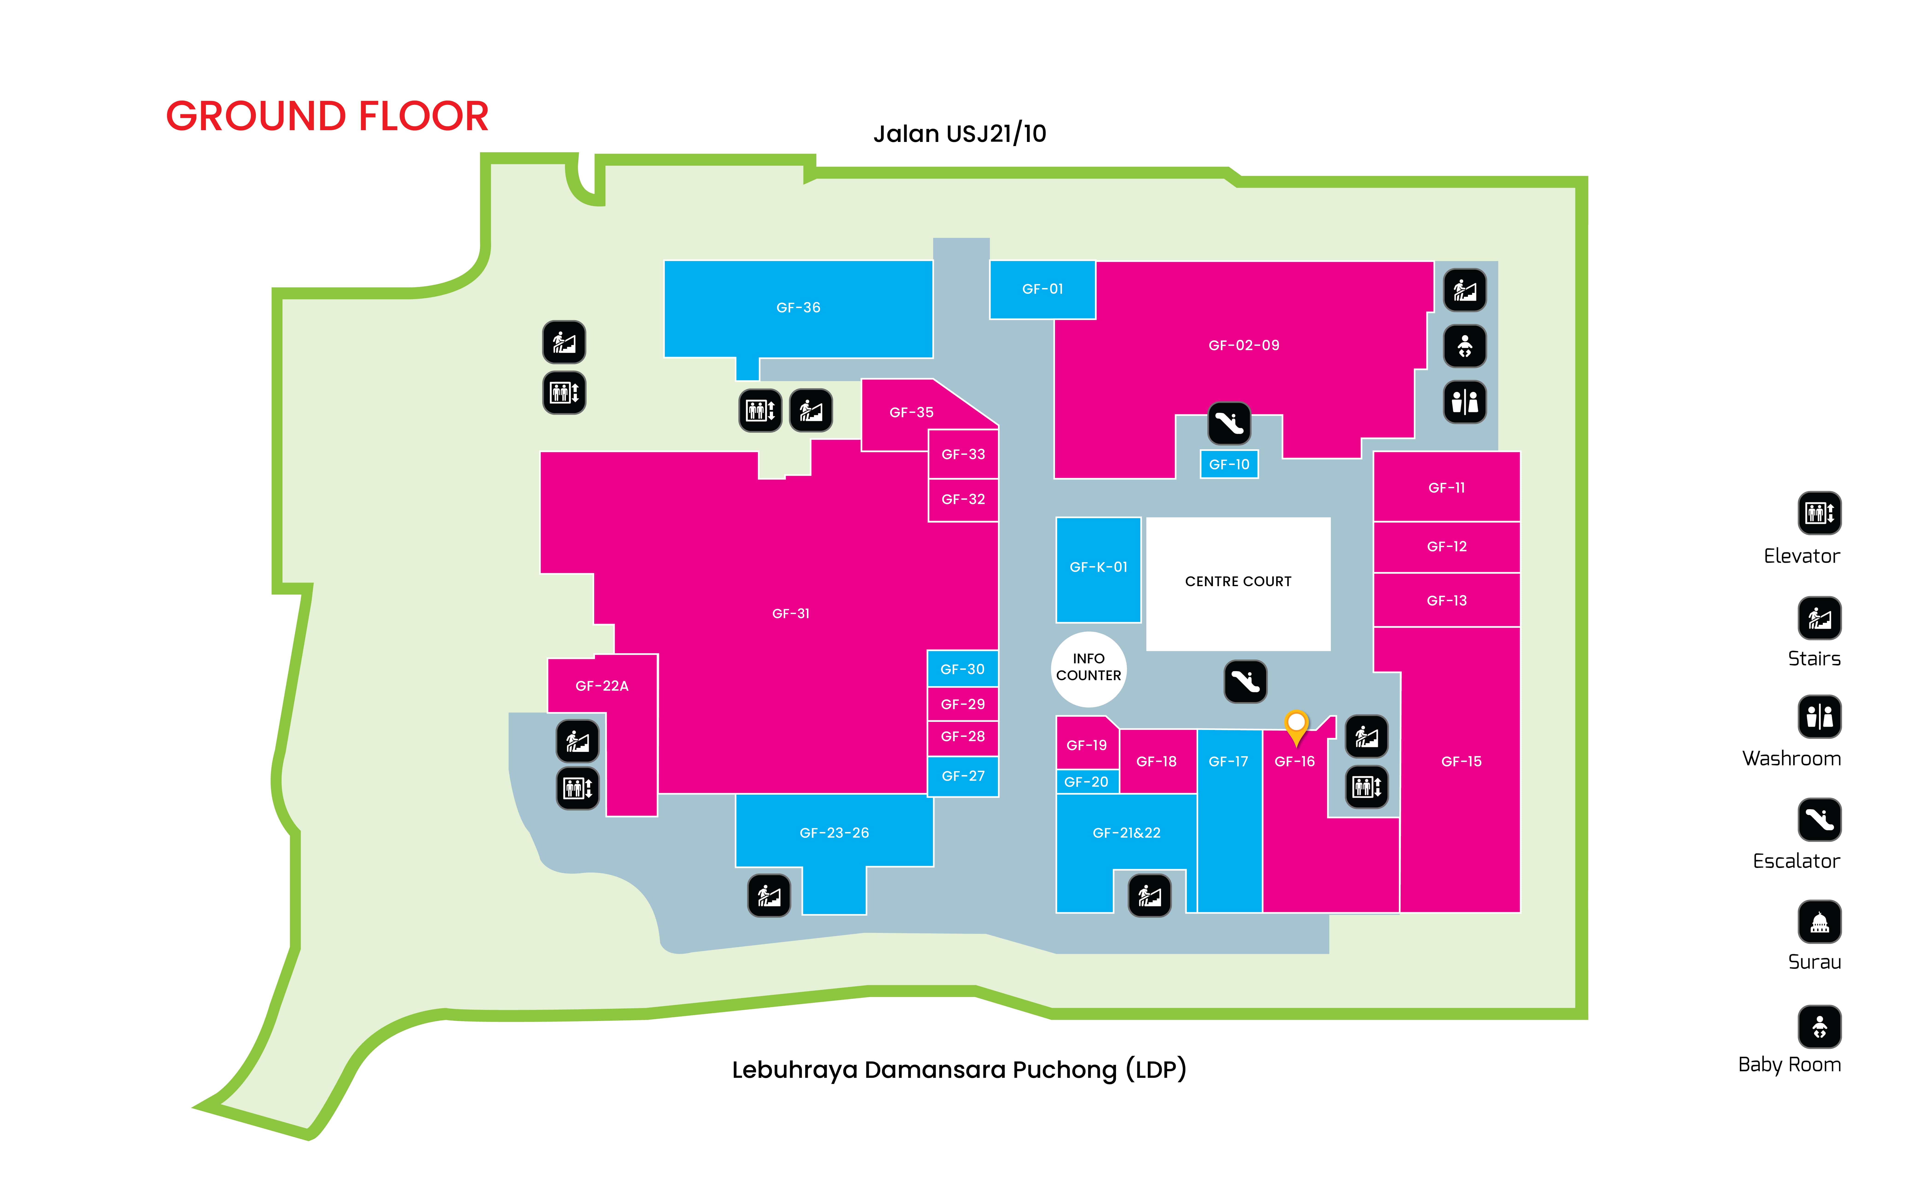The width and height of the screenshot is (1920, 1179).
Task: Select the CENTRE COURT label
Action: tap(1238, 582)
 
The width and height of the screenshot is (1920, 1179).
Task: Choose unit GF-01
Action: tap(1042, 289)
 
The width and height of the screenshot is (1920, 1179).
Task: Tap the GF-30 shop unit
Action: tap(962, 669)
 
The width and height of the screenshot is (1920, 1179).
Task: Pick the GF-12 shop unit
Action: tap(1446, 547)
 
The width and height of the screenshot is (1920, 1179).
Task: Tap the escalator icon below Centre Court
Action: tap(1245, 682)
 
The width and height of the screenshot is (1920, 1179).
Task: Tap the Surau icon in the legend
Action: tap(1819, 923)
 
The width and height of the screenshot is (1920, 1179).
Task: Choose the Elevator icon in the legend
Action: tap(1819, 513)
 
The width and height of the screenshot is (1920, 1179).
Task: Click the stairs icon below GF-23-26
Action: tap(769, 895)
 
